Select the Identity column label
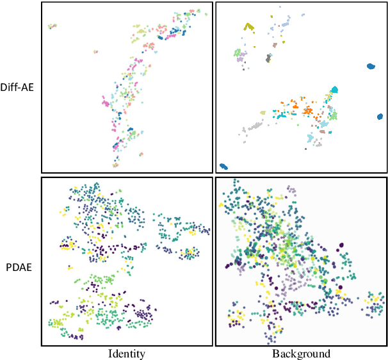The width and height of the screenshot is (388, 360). coord(126,354)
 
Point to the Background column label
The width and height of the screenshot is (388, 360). coord(301,354)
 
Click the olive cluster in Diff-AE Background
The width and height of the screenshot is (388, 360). coord(249,27)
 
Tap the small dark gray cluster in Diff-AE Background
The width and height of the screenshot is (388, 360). coord(269,58)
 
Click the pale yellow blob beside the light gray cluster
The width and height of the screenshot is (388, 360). coord(262,113)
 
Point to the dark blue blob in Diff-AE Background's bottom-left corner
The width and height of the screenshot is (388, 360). coord(223,166)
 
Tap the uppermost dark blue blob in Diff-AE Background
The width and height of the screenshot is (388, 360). coord(370,66)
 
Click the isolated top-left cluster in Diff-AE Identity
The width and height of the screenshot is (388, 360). coord(52,26)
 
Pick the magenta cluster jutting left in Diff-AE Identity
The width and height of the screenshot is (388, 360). coord(106,101)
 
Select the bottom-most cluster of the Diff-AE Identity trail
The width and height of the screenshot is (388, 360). coord(115,165)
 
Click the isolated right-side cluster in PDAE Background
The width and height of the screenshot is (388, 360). coord(373,302)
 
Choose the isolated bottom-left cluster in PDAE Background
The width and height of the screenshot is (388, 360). coord(236,316)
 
